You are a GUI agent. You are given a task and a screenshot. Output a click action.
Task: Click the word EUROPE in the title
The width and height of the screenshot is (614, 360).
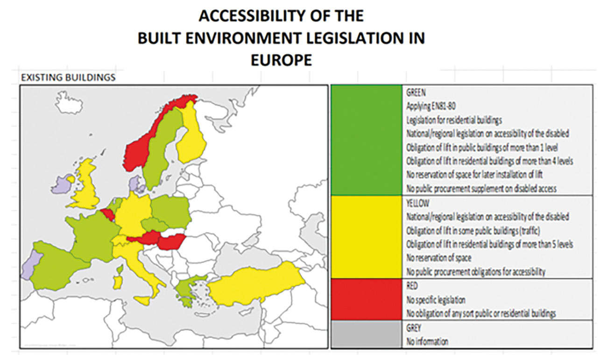tap(281, 61)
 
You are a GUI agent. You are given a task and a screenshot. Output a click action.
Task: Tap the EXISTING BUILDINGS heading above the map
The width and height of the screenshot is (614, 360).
tap(68, 78)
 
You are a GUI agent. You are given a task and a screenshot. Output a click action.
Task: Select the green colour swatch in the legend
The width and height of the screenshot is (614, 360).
tap(366, 140)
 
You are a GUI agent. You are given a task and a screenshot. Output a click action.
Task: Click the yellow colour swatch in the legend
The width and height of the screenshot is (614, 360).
tap(366, 237)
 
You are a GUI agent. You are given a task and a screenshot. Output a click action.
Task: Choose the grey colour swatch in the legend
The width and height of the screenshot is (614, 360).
tap(366, 334)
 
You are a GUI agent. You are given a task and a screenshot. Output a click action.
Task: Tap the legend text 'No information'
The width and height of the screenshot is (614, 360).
tap(427, 342)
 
